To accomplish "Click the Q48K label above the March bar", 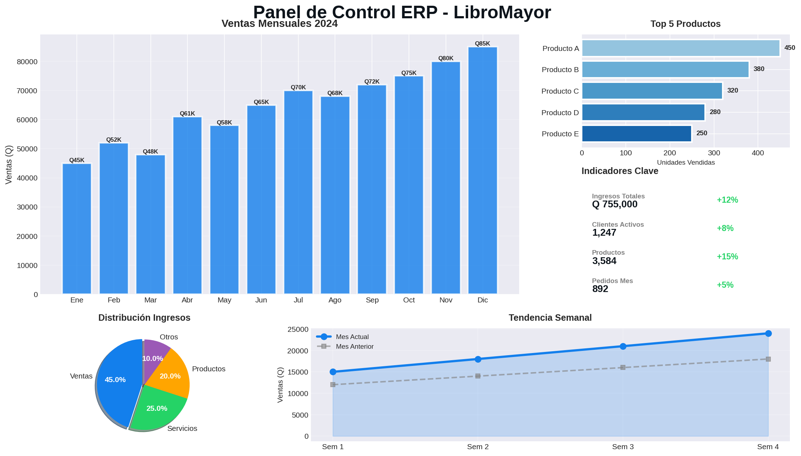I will [150, 152].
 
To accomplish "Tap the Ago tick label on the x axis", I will [335, 300].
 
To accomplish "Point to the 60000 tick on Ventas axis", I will [27, 120].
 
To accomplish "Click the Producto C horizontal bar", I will [652, 91].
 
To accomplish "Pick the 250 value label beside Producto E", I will [702, 133].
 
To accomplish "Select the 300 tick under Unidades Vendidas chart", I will [714, 153].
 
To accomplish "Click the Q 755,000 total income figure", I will [615, 205].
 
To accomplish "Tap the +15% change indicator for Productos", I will [727, 257].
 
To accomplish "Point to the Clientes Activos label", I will [618, 225].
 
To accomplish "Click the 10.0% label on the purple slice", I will [153, 359].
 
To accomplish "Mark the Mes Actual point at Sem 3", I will [623, 346].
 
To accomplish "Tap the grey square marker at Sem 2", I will [478, 376].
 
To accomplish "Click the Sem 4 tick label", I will [768, 447].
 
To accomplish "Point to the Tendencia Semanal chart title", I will [550, 318].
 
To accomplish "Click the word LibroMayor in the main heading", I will [502, 13].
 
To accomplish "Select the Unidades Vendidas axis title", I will [686, 163].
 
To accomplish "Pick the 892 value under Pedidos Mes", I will [600, 289].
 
